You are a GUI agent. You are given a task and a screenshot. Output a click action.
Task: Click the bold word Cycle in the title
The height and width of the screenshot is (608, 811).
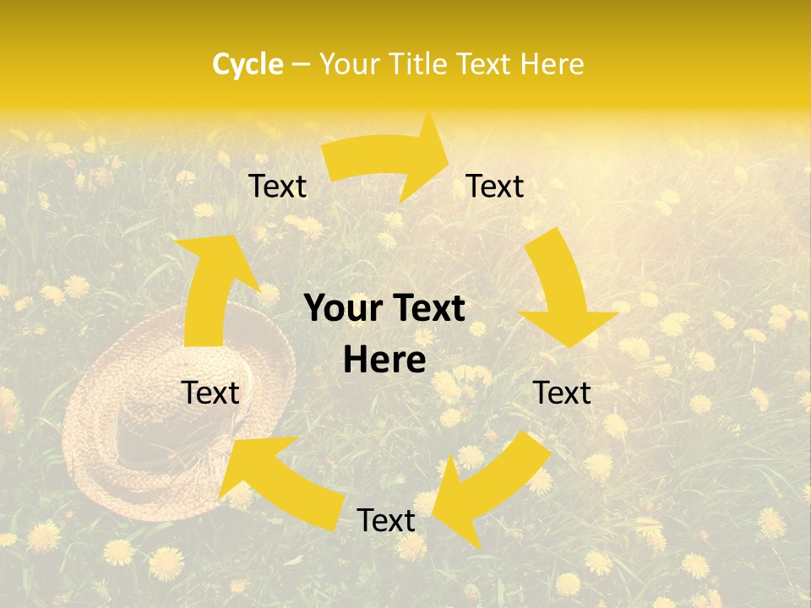[x=248, y=64]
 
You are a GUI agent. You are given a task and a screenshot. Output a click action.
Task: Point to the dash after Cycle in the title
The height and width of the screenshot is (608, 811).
[x=300, y=65]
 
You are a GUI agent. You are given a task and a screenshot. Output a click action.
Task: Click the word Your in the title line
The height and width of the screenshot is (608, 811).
[x=350, y=64]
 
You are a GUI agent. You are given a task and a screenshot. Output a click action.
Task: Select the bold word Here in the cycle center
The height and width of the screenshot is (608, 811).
[x=384, y=361]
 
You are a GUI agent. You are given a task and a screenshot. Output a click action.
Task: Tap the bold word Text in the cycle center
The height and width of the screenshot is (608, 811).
[x=428, y=309]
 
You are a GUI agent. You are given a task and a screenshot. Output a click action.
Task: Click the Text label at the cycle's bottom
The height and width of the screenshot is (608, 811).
[x=386, y=520]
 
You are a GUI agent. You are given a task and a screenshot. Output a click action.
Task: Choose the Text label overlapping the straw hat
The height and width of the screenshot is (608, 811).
[x=211, y=393]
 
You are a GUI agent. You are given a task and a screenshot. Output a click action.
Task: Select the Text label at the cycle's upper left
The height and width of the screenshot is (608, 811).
[x=277, y=187]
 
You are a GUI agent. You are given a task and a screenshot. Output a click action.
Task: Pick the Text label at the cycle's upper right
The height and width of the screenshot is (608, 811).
[x=495, y=187]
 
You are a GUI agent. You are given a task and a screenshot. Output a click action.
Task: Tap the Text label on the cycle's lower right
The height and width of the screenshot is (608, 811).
[x=562, y=393]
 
